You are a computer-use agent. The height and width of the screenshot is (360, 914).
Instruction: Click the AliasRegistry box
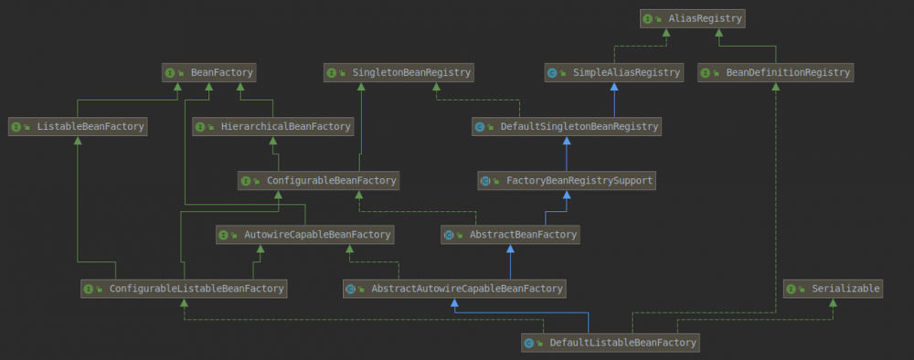pos(693,17)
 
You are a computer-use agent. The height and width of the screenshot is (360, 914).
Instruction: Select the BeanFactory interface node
pos(208,72)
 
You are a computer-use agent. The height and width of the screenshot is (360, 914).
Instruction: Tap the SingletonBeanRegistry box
pos(399,72)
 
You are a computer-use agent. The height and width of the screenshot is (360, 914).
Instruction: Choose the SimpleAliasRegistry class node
pos(613,72)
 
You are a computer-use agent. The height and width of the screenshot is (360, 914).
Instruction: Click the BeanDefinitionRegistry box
pos(775,72)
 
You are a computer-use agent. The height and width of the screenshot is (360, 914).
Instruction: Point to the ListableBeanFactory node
pos(78,127)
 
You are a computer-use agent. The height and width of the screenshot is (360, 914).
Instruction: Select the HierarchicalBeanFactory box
pos(273,127)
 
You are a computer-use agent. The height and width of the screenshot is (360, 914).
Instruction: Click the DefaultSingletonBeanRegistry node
pos(566,127)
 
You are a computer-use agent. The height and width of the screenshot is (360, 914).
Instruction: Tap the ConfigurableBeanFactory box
pos(318,181)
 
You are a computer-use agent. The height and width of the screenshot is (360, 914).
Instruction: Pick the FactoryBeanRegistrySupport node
pos(567,181)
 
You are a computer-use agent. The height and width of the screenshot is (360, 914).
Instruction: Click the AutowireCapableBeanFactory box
pos(305,235)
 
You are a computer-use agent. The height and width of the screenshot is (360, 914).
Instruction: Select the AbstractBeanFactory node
pos(510,235)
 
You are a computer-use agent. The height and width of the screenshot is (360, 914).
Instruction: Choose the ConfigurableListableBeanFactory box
pos(184,289)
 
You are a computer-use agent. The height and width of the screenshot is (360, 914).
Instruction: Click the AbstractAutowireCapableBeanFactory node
pos(453,289)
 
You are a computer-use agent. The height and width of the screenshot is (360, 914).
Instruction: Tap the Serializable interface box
pos(833,289)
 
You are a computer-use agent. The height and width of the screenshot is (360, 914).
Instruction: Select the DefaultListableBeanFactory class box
pos(611,343)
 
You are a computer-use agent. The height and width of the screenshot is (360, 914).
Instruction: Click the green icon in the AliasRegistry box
pos(647,17)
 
